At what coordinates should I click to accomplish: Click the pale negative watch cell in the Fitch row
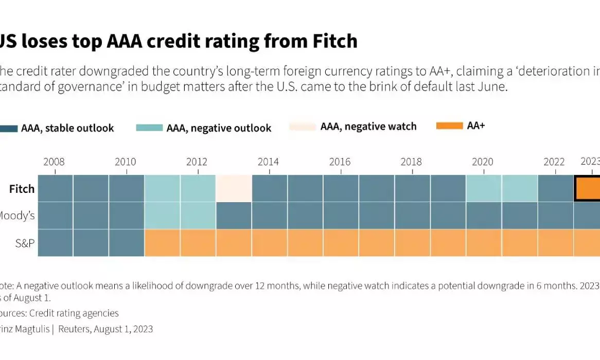tap(234, 188)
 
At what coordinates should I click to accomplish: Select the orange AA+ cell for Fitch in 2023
tap(588, 188)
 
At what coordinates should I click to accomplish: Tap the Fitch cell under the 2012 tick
tap(198, 188)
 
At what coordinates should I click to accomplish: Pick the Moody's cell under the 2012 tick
tap(198, 215)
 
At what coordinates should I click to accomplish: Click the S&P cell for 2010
tap(127, 243)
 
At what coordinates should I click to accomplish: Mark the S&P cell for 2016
tap(341, 243)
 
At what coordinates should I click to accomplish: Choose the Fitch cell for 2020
tap(484, 188)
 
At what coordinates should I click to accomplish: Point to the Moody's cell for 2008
tap(55, 215)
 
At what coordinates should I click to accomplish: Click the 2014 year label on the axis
tap(268, 162)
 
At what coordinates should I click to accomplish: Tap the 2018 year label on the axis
tap(411, 162)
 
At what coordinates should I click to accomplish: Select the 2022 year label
tap(554, 162)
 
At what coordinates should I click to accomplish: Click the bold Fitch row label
tap(22, 189)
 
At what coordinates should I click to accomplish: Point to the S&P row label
tap(25, 243)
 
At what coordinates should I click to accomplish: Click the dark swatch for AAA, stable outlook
tap(9, 128)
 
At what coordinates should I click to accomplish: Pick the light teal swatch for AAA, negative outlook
tap(149, 128)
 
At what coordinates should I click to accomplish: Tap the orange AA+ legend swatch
tap(449, 127)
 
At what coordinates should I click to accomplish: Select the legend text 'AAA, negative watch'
tap(368, 127)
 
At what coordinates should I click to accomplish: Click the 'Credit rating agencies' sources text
tap(74, 313)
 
